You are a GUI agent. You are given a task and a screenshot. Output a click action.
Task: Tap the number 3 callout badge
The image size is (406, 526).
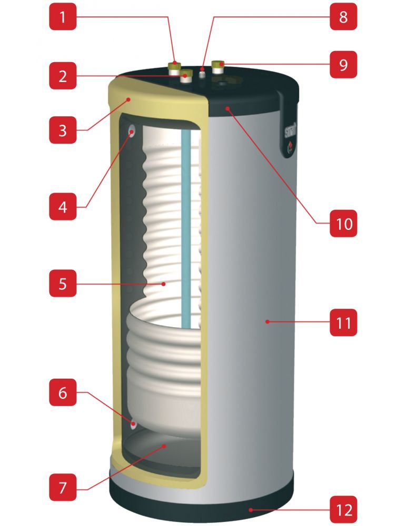click(63, 130)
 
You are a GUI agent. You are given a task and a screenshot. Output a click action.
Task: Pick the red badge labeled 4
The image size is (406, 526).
click(63, 207)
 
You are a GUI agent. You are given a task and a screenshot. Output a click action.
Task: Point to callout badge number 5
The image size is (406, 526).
click(63, 284)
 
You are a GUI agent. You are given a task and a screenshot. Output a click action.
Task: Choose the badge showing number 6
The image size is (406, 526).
click(63, 392)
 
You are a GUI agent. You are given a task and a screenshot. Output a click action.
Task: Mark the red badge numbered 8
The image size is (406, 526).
click(343, 17)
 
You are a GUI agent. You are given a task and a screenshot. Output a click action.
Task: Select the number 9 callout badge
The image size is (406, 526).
click(343, 65)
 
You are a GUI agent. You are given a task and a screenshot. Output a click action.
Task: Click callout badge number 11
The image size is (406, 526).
click(343, 322)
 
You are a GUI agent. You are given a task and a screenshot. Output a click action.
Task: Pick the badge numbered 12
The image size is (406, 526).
click(343, 509)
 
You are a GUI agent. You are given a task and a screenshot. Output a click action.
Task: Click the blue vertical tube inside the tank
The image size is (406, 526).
click(185, 226)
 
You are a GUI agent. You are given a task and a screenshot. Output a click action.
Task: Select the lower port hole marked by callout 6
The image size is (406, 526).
click(134, 422)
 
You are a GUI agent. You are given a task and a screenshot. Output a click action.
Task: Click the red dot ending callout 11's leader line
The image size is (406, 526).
click(267, 321)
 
